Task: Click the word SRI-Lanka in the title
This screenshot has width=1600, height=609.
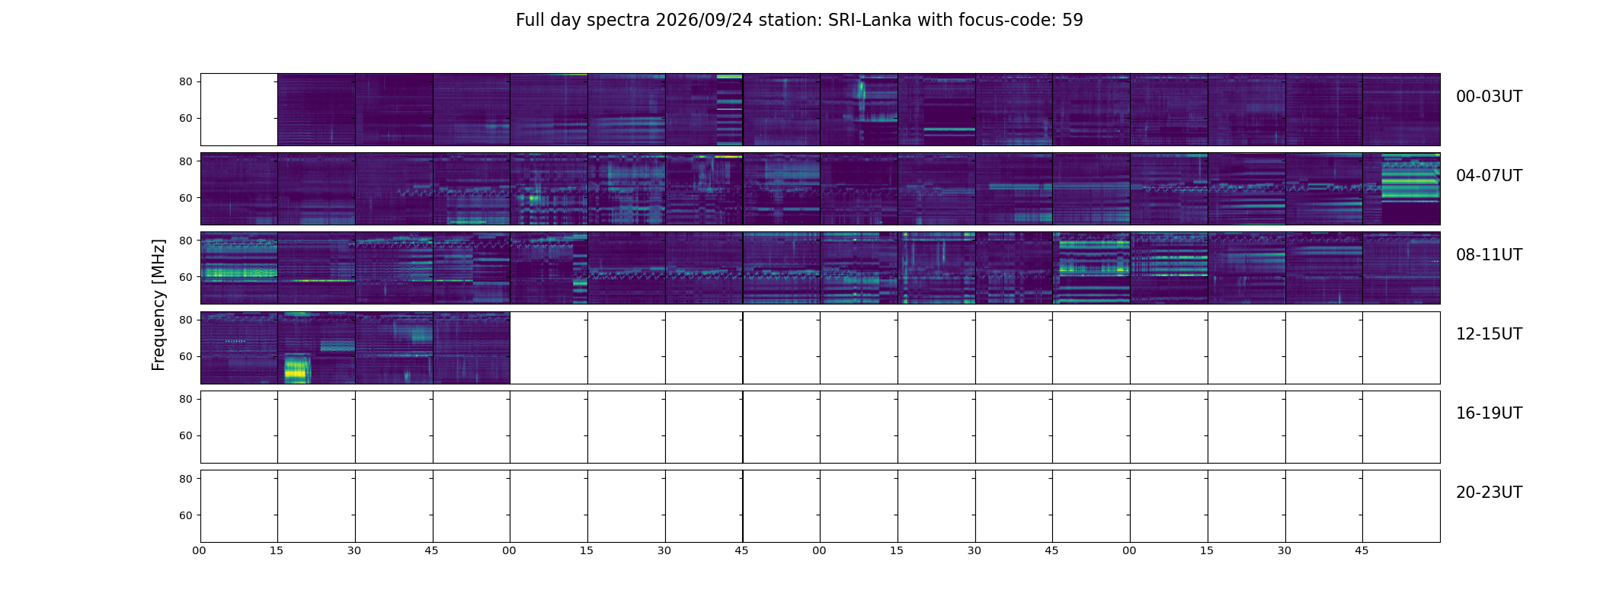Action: (x=869, y=21)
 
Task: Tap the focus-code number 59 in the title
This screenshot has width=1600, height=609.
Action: (x=1073, y=21)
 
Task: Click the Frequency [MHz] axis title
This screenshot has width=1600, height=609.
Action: (x=158, y=305)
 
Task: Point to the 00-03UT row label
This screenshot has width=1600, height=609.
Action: (x=1489, y=97)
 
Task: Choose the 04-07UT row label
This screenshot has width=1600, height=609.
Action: (x=1489, y=176)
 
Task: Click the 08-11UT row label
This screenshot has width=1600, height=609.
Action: (x=1489, y=255)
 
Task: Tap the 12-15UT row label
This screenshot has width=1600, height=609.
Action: (x=1489, y=334)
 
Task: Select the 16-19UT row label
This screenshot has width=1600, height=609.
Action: (x=1489, y=413)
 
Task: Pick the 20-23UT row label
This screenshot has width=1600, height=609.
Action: (x=1489, y=493)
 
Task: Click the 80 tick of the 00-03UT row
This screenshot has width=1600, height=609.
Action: (x=185, y=82)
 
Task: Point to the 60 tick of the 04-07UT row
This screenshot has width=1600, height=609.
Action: (x=185, y=198)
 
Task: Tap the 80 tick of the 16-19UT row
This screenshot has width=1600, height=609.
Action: (x=185, y=399)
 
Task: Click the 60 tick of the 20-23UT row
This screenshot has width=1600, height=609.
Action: (x=185, y=515)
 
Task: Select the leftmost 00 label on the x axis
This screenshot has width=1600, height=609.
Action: (x=200, y=550)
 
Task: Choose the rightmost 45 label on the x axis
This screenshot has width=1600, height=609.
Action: (x=1362, y=550)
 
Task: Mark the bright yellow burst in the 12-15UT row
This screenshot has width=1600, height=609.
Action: (x=296, y=369)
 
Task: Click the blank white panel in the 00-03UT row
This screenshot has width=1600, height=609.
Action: (x=239, y=110)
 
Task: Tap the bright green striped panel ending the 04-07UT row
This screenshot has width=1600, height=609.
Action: (x=1402, y=189)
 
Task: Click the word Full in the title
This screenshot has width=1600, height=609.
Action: (x=530, y=21)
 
